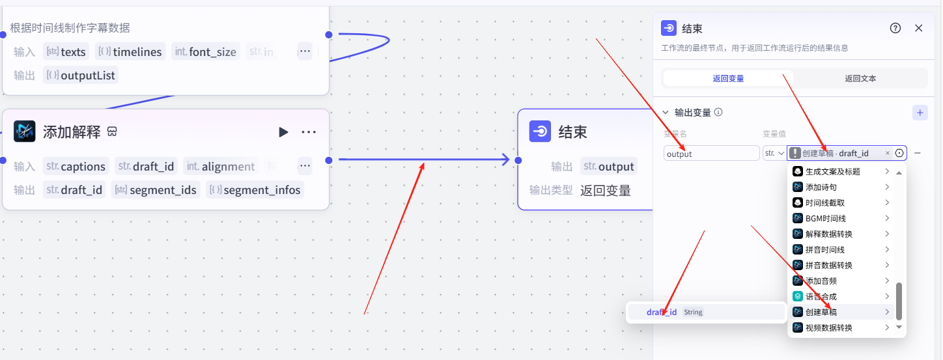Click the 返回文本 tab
pyautogui.click(x=860, y=79)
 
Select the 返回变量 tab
pyautogui.click(x=728, y=79)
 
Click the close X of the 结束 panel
pyautogui.click(x=919, y=28)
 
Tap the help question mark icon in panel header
pyautogui.click(x=895, y=28)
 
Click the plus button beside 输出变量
pyautogui.click(x=920, y=113)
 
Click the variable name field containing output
pyautogui.click(x=711, y=154)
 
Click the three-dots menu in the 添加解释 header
pyautogui.click(x=309, y=132)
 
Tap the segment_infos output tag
pyautogui.click(x=255, y=190)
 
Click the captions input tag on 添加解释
pyautogui.click(x=76, y=167)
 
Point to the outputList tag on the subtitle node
pyautogui.click(x=80, y=76)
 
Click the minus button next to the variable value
pyautogui.click(x=918, y=153)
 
